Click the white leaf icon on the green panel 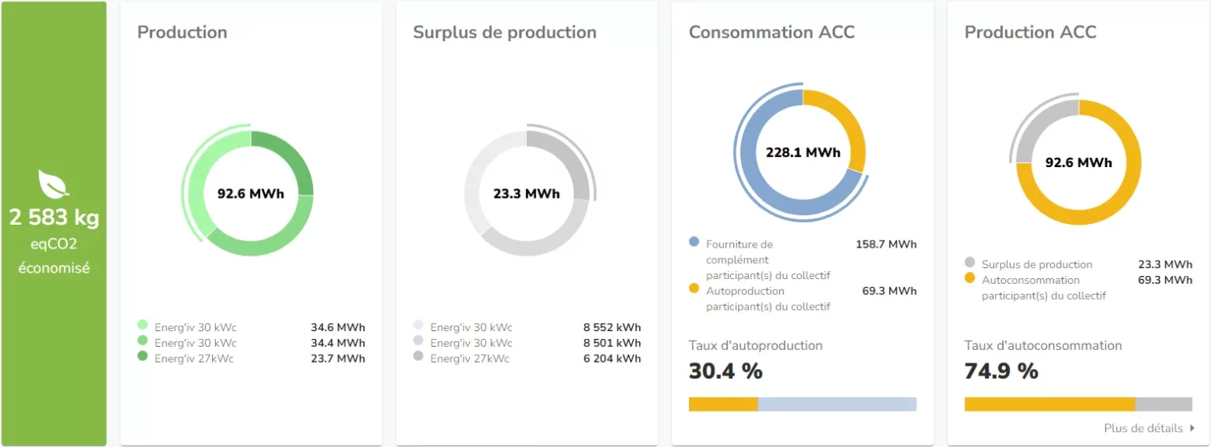[54, 184]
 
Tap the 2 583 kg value [54, 218]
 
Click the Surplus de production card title [505, 32]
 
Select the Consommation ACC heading [771, 32]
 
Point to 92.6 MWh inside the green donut [251, 193]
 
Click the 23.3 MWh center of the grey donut [527, 193]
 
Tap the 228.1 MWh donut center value [803, 152]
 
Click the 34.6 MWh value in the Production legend [337, 327]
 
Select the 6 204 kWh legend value [612, 359]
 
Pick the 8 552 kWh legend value [612, 327]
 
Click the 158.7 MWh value [886, 244]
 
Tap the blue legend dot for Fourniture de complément [694, 242]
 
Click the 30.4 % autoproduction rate [725, 371]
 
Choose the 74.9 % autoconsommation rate [1001, 371]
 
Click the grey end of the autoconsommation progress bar [1164, 404]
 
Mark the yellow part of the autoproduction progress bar [723, 404]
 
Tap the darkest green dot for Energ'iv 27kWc [142, 356]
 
